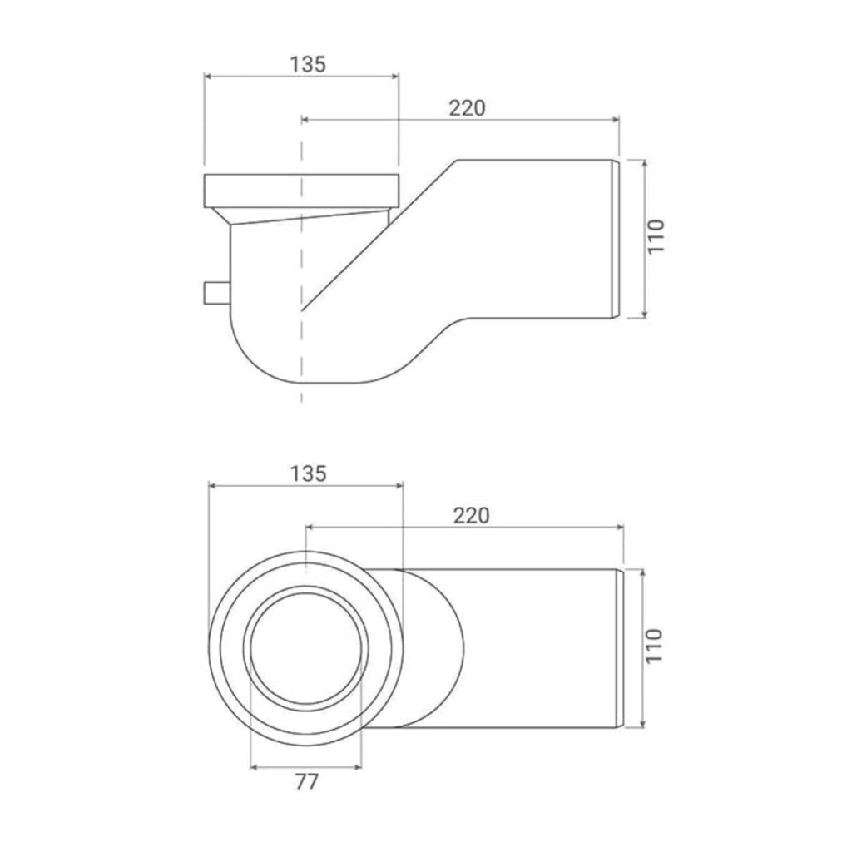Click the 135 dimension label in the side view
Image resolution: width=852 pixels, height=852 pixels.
click(x=308, y=64)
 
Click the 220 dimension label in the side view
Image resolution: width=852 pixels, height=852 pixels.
click(x=467, y=108)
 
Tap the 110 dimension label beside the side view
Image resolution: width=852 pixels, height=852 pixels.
click(x=656, y=235)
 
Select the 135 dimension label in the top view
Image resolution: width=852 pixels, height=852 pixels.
click(x=308, y=473)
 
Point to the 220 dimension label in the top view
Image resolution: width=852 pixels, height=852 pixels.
click(x=471, y=515)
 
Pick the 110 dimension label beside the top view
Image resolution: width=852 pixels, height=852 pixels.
click(x=656, y=645)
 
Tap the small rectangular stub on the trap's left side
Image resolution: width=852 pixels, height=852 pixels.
click(x=217, y=293)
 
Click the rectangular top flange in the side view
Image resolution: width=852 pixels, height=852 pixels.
click(x=303, y=191)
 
